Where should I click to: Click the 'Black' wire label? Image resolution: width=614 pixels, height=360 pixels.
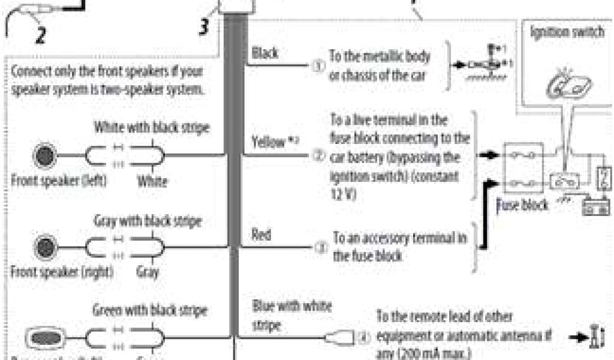click(x=264, y=53)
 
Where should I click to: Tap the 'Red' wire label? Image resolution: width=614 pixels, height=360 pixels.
click(x=261, y=235)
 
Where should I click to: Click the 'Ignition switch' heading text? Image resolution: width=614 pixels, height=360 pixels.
click(x=567, y=32)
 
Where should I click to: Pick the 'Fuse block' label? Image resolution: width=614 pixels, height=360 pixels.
click(x=522, y=205)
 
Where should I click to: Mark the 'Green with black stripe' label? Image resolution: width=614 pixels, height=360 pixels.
click(x=150, y=311)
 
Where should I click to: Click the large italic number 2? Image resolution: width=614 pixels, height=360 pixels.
click(x=40, y=35)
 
